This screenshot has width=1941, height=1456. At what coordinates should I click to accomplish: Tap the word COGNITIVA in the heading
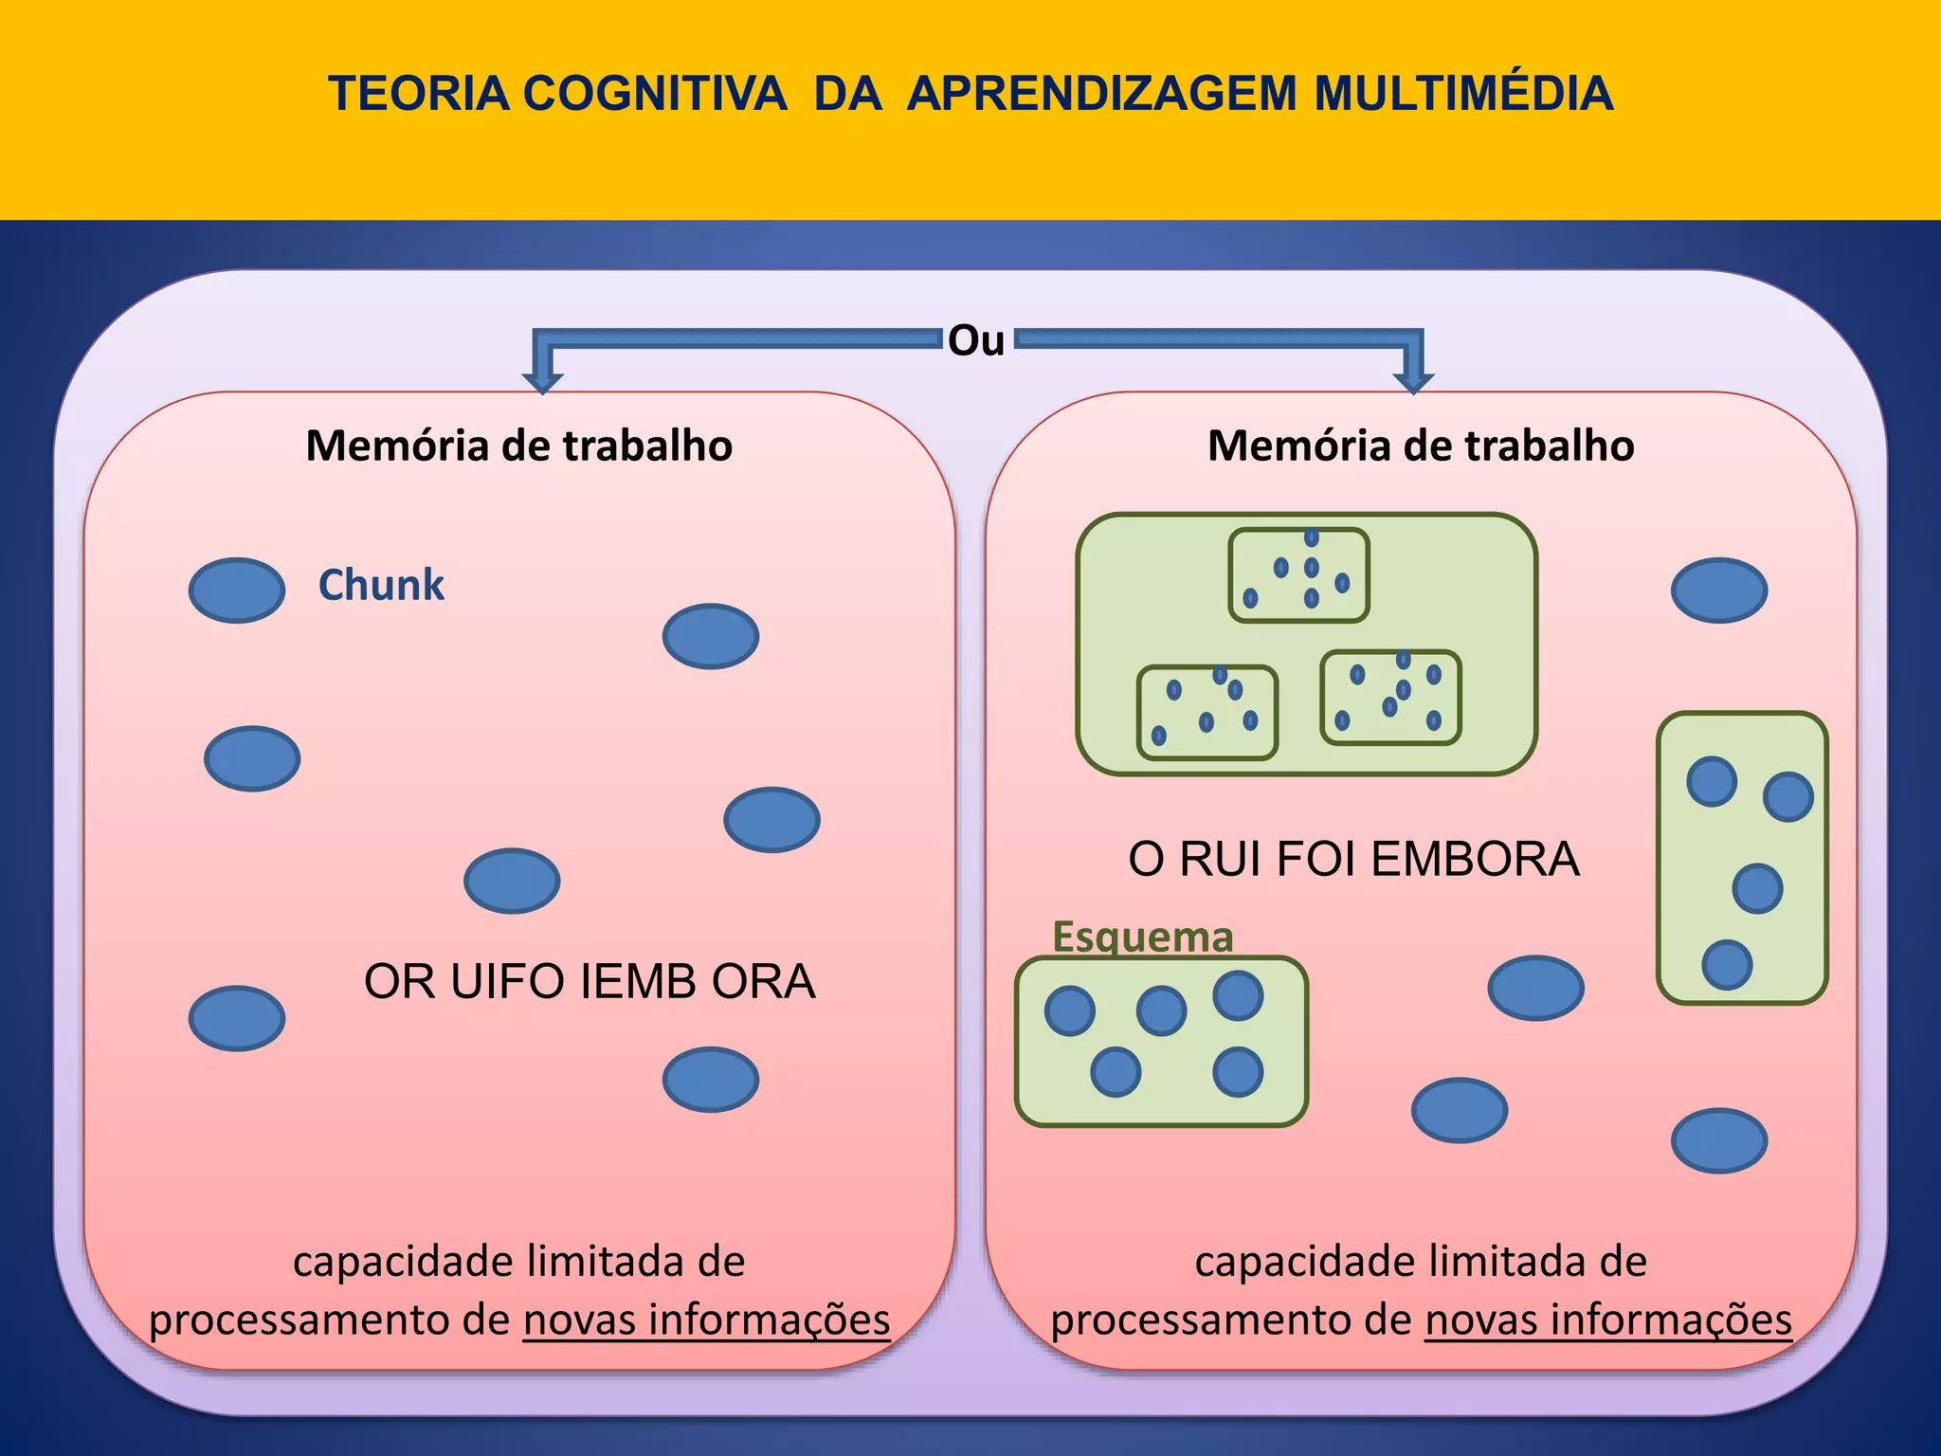(654, 94)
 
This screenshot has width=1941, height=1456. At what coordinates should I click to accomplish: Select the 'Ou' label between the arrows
(976, 340)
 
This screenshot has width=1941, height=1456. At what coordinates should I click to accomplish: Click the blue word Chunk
(381, 585)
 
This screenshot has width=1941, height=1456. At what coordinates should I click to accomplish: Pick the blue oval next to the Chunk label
(237, 590)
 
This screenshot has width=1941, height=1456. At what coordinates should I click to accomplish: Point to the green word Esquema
(1143, 937)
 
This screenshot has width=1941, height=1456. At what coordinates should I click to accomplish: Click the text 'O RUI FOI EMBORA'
(1353, 859)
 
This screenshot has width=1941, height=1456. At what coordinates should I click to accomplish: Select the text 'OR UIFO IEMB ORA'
(590, 981)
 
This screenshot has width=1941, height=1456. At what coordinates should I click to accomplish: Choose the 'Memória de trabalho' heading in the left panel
(519, 446)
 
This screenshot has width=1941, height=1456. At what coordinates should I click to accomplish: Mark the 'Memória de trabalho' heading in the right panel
(1421, 446)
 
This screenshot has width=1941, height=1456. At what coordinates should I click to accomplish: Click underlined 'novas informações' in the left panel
(707, 1319)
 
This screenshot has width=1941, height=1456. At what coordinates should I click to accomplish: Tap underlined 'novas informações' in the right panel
(1608, 1319)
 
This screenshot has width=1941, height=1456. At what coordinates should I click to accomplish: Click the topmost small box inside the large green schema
(1298, 575)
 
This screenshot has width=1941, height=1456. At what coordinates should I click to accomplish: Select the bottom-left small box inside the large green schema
(1207, 713)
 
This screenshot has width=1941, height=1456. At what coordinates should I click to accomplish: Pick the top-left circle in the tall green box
(1712, 782)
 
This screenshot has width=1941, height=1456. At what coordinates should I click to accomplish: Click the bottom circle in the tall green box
(1727, 965)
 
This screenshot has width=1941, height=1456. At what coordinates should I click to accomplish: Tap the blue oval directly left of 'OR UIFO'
(237, 1018)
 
